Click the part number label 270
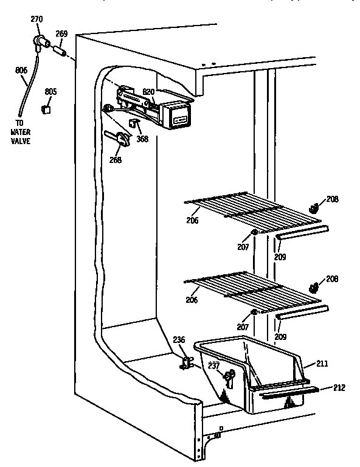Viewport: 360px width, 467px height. pos(36,19)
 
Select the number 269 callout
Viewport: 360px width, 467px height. pos(61,34)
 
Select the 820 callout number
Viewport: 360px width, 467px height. pos(148,92)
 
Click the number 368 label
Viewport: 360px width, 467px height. pos(142,138)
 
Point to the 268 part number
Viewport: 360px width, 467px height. pos(115,160)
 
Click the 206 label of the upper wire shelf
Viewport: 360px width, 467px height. pos(192,220)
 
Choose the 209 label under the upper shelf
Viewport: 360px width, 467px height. pos(280,257)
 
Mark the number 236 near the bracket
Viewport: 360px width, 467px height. pos(178,341)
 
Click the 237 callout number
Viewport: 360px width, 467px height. pos(213,365)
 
